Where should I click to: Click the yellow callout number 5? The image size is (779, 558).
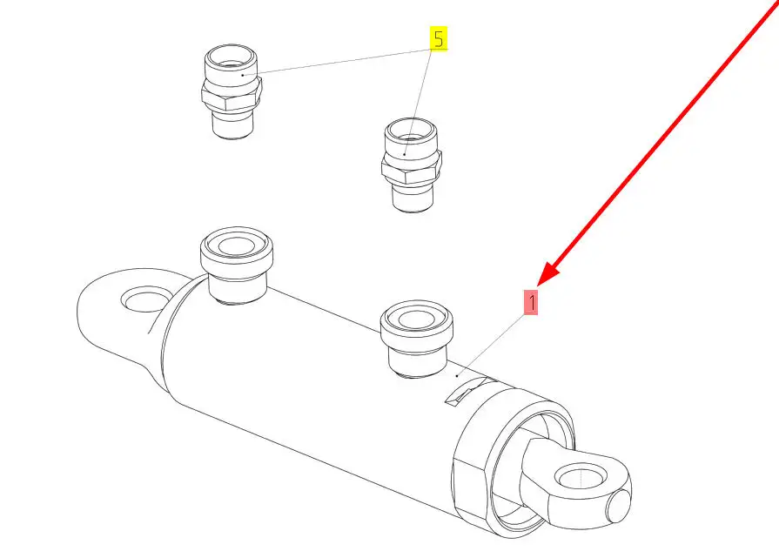click(x=438, y=38)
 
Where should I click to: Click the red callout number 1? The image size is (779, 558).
click(x=531, y=303)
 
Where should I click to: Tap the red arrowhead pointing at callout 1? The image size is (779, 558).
click(x=548, y=274)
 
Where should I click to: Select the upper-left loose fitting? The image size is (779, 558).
click(x=232, y=91)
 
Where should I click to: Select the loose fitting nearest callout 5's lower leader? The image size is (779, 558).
click(x=412, y=165)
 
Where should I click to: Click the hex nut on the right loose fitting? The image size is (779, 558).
click(x=412, y=169)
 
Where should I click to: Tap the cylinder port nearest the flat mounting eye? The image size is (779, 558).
click(x=237, y=265)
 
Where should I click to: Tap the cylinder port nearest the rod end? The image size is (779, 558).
click(x=416, y=338)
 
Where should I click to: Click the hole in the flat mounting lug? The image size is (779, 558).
click(x=147, y=299)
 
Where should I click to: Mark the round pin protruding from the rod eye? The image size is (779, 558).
click(x=619, y=505)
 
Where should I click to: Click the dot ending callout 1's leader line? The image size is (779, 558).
click(x=457, y=376)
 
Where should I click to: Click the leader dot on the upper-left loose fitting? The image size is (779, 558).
click(x=243, y=75)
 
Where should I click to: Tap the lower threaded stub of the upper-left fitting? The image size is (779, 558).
click(x=232, y=124)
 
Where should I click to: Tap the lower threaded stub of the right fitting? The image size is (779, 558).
click(x=413, y=198)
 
